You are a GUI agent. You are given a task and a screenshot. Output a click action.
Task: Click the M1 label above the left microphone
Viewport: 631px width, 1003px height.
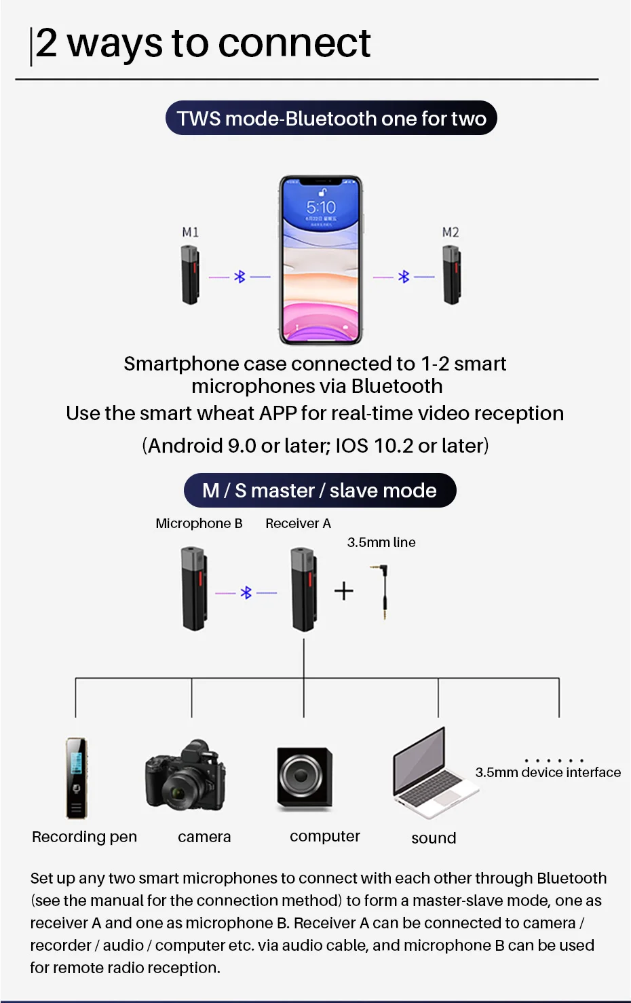[190, 232]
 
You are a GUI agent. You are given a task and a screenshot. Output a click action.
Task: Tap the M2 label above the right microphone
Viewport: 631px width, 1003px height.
[451, 232]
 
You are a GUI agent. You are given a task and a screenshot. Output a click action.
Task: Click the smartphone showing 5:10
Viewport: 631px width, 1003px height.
[321, 261]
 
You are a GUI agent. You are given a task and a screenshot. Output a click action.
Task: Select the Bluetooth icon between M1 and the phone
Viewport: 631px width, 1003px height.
[240, 277]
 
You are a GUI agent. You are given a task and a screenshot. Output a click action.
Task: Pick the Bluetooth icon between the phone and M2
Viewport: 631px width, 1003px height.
[404, 277]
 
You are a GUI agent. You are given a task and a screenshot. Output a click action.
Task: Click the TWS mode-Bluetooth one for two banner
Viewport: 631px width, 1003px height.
[331, 119]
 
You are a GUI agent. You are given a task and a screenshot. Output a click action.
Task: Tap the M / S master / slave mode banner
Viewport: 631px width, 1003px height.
[320, 490]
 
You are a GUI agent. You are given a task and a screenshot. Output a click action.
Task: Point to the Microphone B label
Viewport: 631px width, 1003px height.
[199, 523]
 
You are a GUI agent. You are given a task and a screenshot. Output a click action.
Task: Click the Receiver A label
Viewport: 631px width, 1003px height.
[298, 523]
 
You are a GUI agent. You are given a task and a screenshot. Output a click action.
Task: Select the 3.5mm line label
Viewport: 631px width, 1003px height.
[381, 542]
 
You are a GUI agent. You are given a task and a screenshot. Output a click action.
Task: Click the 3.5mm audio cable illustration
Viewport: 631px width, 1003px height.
[382, 590]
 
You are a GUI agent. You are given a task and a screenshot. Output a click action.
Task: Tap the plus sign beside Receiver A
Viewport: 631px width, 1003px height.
[344, 591]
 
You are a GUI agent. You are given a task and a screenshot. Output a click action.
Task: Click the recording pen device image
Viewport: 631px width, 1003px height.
[76, 778]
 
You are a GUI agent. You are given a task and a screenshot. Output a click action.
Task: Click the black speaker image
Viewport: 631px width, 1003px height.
[304, 776]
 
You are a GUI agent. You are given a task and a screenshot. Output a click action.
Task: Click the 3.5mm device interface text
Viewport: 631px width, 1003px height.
[548, 772]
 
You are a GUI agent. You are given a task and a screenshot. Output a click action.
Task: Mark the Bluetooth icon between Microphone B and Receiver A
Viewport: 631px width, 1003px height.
[246, 593]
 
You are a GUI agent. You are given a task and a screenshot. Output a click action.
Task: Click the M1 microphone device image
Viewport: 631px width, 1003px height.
[190, 275]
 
